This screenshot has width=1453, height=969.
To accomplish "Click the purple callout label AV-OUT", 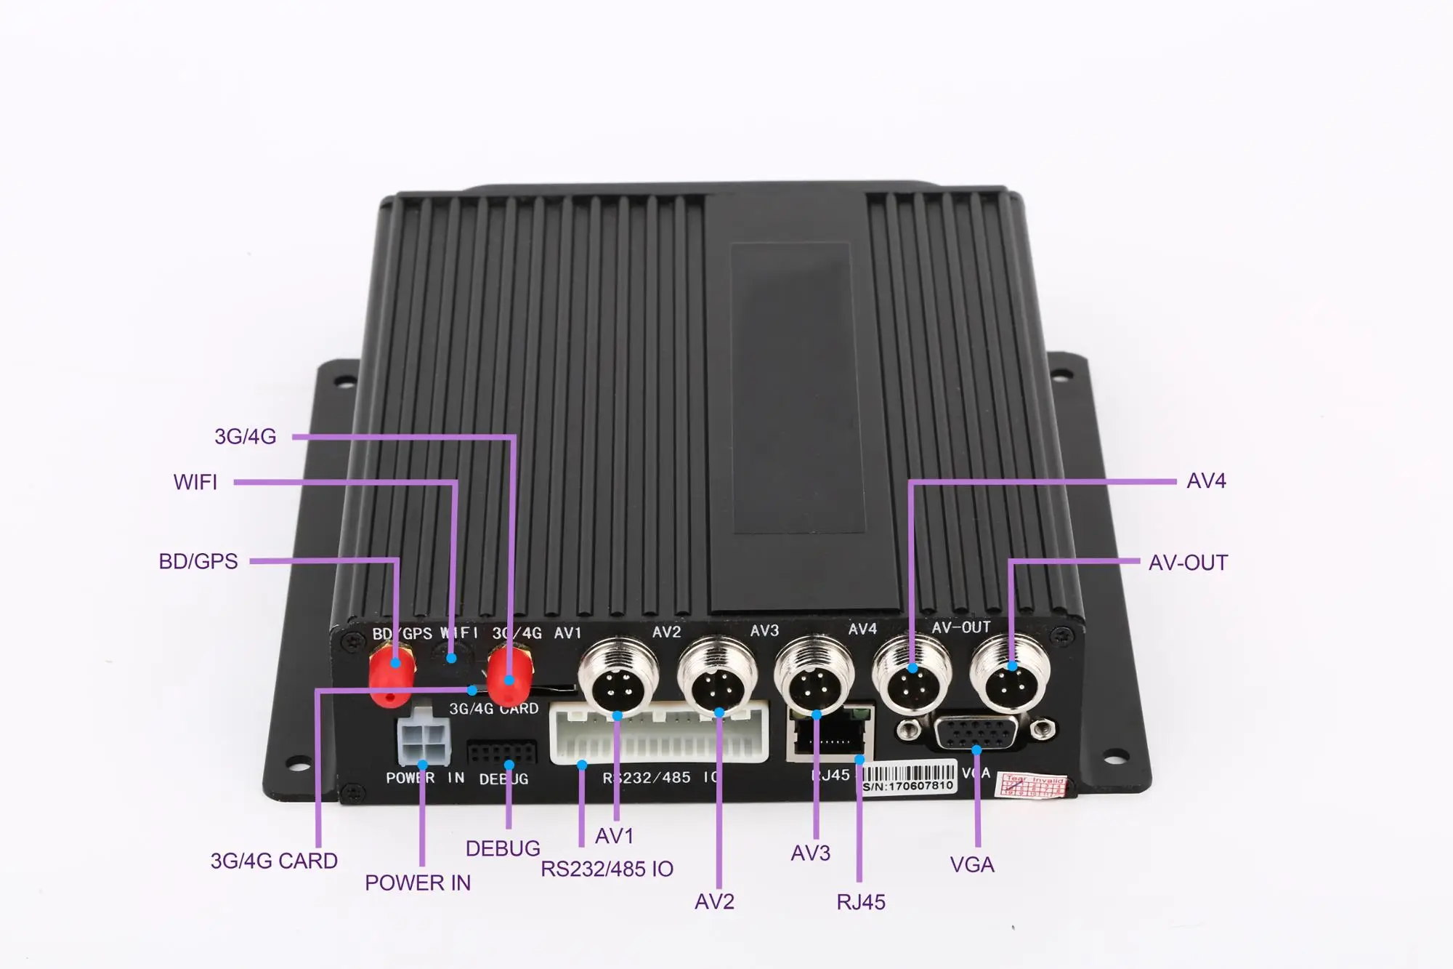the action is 1188,563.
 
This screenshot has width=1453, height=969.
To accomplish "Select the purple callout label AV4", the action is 1206,481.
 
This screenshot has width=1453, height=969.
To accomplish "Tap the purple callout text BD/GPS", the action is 198,561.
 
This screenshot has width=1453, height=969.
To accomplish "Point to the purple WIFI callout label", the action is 195,482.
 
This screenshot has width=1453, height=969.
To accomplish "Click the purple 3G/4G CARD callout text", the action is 274,861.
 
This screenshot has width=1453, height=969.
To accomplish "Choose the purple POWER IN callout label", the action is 418,882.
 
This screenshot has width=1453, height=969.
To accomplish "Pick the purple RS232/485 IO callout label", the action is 607,869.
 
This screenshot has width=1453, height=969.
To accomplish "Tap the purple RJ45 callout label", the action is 861,902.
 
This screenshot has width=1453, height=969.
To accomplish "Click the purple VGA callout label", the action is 972,864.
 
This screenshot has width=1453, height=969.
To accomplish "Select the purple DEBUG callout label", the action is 503,848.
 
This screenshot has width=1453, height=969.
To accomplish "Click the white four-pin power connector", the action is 424,741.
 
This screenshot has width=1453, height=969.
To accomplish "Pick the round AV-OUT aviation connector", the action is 1011,674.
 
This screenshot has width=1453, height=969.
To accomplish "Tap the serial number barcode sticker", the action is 908,777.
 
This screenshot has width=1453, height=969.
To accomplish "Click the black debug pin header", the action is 501,752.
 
